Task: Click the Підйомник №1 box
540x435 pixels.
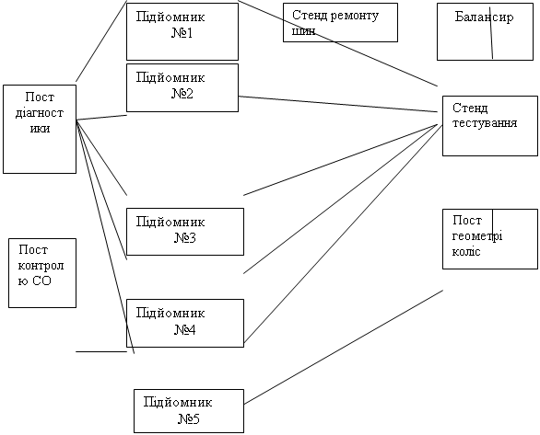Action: (182, 31)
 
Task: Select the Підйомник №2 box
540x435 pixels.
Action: (182, 87)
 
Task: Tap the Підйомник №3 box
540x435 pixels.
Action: (185, 232)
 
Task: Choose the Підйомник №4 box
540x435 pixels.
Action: (185, 323)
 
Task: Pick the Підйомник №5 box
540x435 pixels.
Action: (189, 411)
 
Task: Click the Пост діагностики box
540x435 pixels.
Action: (40, 129)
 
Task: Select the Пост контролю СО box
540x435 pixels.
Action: (42, 273)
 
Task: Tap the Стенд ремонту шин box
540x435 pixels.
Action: (340, 23)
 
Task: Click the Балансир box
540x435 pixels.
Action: (485, 31)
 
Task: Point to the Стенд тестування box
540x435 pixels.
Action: (489, 126)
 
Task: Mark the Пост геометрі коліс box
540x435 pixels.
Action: (489, 239)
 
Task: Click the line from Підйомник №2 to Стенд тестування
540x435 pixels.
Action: (338, 104)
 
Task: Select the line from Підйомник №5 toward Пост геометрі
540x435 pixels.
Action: (344, 347)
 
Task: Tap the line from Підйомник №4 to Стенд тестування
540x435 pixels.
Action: (343, 235)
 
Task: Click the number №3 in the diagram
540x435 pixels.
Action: (185, 238)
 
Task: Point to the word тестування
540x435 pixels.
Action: (485, 123)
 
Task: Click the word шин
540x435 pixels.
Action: (303, 31)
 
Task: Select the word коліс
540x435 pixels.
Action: (466, 251)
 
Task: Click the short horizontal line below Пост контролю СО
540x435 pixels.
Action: (101, 351)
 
